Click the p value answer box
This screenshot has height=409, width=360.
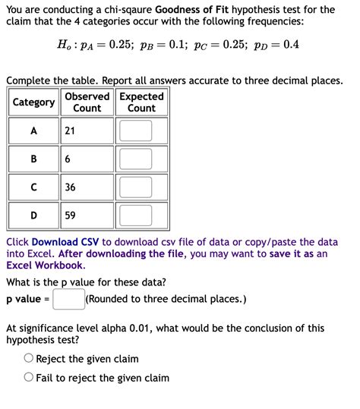(x=68, y=299)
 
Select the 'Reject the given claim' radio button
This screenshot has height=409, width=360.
(x=29, y=358)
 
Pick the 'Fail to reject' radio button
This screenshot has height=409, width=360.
(x=29, y=377)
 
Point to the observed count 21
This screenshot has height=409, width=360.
(x=70, y=131)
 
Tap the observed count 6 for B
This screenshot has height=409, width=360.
(x=68, y=159)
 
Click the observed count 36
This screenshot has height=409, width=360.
(x=70, y=187)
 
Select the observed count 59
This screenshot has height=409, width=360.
(x=70, y=216)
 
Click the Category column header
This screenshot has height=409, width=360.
(x=33, y=102)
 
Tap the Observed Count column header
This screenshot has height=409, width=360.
(x=87, y=102)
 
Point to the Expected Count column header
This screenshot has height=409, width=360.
(x=141, y=102)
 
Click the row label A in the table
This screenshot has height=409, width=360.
(x=33, y=131)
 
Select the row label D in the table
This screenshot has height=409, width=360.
(x=33, y=216)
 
